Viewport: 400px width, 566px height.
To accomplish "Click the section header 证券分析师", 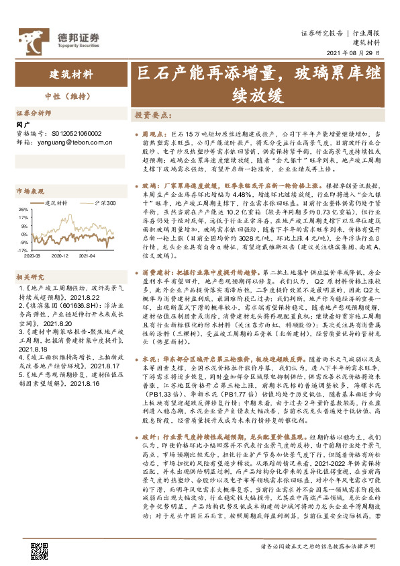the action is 33,112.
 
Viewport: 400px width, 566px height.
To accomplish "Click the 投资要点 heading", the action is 151,115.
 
